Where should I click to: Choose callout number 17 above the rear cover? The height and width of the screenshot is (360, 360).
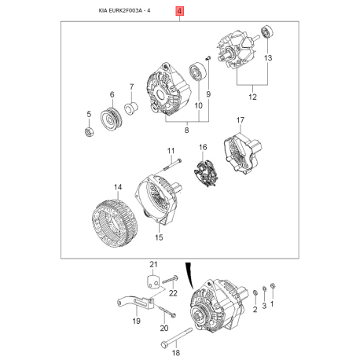click(x=241, y=120)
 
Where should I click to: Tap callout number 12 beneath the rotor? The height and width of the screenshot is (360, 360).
click(x=252, y=97)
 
